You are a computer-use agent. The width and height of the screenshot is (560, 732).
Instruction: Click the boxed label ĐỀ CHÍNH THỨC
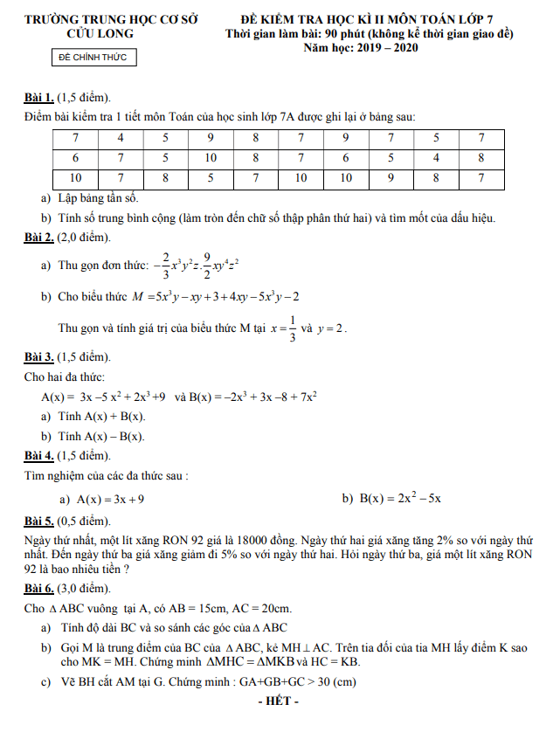click(x=92, y=58)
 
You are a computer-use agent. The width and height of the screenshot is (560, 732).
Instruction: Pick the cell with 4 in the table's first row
click(x=121, y=138)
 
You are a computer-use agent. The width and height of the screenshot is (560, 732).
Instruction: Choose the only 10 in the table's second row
click(x=211, y=158)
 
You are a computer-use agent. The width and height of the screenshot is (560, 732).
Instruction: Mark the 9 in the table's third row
click(x=391, y=178)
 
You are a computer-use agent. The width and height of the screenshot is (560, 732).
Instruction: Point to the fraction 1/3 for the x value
click(x=292, y=328)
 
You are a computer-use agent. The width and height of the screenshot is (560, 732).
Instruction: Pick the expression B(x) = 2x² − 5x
click(x=400, y=499)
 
